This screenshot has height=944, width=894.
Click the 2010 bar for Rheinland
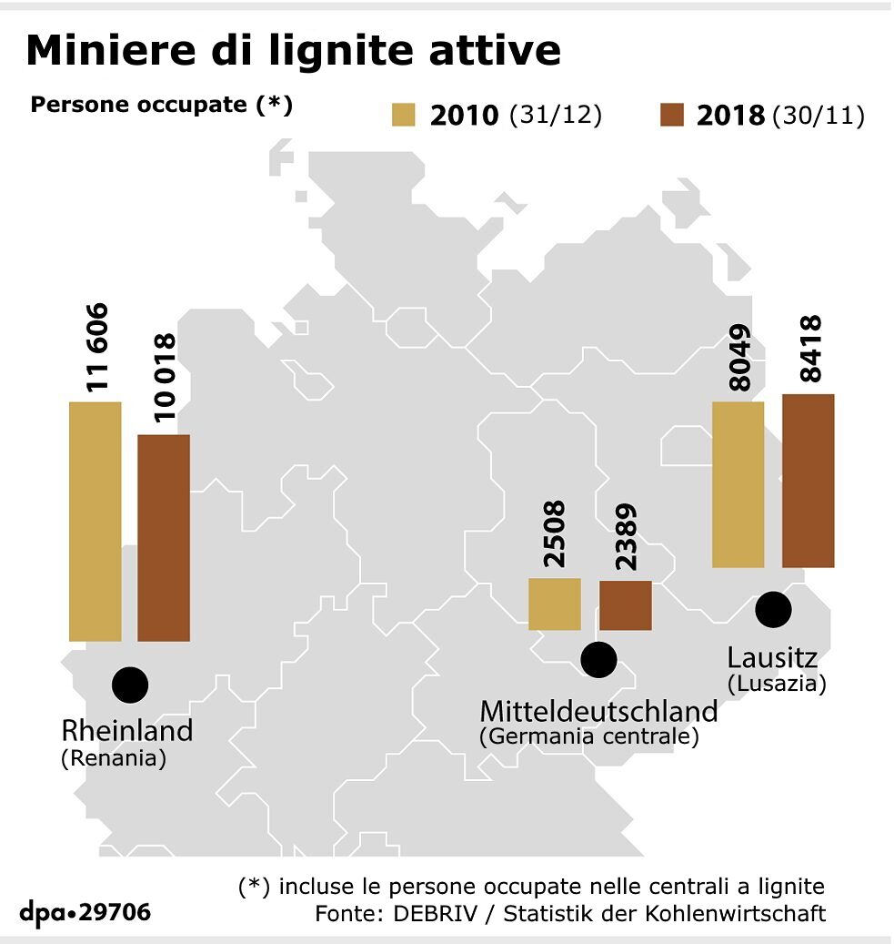tap(95, 521)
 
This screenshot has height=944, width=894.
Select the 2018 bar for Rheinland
tap(164, 537)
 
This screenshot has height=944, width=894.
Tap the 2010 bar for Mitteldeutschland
tap(555, 604)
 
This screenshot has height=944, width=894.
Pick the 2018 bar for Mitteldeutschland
tap(626, 605)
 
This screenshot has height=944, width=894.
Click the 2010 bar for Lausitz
tap(738, 484)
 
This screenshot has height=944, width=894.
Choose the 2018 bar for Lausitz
tap(809, 481)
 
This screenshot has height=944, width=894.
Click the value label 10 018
tap(165, 378)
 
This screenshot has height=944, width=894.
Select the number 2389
tap(626, 536)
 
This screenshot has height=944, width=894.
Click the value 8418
tap(808, 349)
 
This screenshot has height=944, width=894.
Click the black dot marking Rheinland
tap(129, 684)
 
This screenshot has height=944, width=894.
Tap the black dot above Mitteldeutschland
tap(598, 659)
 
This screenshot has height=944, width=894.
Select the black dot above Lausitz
tap(773, 608)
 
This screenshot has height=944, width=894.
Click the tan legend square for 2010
tap(403, 116)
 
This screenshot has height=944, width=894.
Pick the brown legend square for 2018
tap(671, 116)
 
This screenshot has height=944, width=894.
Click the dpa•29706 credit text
tap(85, 911)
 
